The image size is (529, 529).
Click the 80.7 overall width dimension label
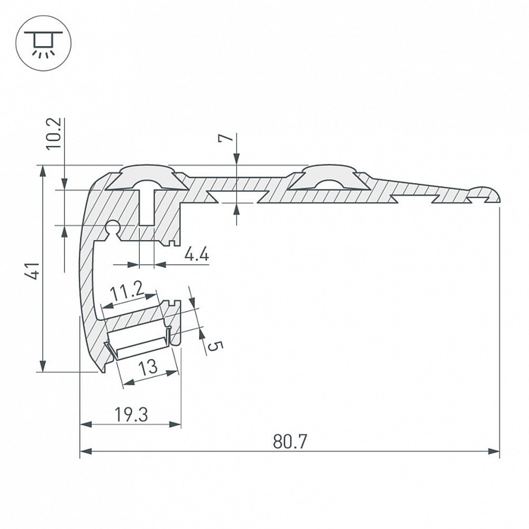coord(290,442)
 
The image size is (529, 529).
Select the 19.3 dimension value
coord(131,414)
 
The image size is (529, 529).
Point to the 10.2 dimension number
coord(53,133)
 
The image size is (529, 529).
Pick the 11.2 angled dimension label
coord(127,292)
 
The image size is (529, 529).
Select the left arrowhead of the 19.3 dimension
coord(86,424)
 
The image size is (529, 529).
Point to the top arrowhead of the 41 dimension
coord(43,172)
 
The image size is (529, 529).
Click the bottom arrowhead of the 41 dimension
coord(43,366)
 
